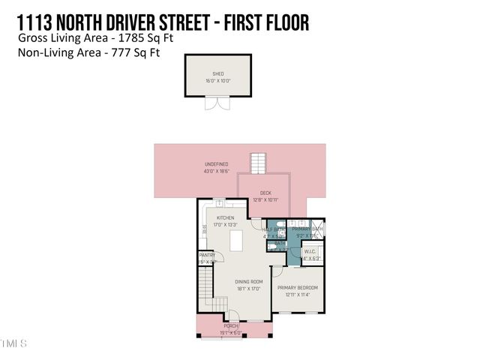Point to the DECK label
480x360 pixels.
[265, 193]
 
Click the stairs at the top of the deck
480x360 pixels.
[258, 162]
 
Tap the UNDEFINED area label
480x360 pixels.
[217, 164]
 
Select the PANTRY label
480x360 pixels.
[207, 256]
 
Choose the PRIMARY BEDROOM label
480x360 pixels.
[298, 288]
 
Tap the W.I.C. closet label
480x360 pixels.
[311, 251]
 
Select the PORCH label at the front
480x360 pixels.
[229, 326]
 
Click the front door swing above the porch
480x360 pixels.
[233, 316]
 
